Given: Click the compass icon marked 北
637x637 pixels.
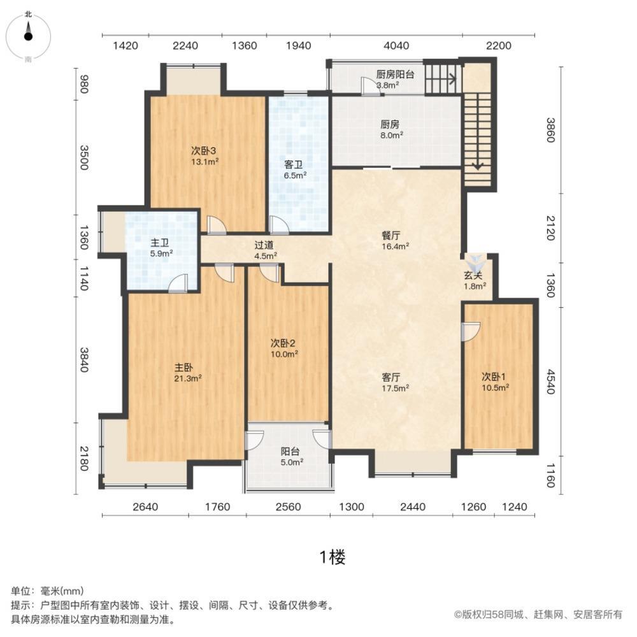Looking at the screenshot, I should pyautogui.click(x=29, y=36).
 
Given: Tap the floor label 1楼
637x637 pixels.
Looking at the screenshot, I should pyautogui.click(x=331, y=557).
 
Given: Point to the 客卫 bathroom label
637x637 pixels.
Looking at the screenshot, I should pyautogui.click(x=295, y=168).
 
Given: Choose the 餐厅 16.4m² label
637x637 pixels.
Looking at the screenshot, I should pyautogui.click(x=390, y=239).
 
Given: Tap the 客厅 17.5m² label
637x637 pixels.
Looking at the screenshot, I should pyautogui.click(x=390, y=382).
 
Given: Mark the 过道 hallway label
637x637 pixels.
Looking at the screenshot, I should pyautogui.click(x=265, y=250).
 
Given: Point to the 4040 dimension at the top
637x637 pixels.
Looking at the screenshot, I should pyautogui.click(x=396, y=45).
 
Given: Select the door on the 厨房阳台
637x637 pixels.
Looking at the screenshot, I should pyautogui.click(x=369, y=87).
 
